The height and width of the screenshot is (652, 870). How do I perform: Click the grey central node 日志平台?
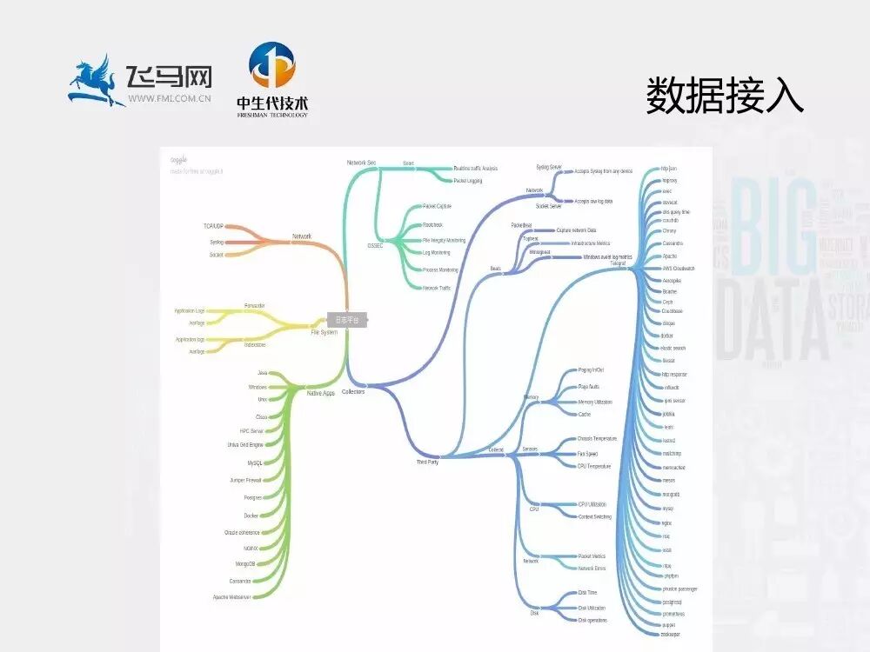pyautogui.click(x=347, y=320)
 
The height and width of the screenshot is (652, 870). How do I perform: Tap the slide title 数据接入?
pyautogui.click(x=724, y=95)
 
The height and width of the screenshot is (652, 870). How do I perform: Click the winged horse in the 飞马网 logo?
pyautogui.click(x=97, y=81)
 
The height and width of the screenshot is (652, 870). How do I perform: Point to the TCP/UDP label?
pyautogui.click(x=214, y=226)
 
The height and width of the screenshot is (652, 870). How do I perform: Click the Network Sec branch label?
pyautogui.click(x=361, y=163)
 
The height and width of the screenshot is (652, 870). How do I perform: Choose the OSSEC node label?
pyautogui.click(x=376, y=246)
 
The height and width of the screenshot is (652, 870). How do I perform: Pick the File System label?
pyautogui.click(x=325, y=332)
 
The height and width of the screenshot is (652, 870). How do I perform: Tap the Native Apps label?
pyautogui.click(x=321, y=393)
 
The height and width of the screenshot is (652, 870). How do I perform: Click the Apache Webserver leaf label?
pyautogui.click(x=232, y=597)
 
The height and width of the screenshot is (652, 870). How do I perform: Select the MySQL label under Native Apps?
pyautogui.click(x=255, y=463)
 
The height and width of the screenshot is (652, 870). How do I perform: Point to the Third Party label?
pyautogui.click(x=427, y=462)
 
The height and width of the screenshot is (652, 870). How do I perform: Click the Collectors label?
pyautogui.click(x=353, y=392)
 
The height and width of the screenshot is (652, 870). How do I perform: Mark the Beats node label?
pyautogui.click(x=495, y=269)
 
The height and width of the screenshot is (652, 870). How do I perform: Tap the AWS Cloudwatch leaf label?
pyautogui.click(x=679, y=269)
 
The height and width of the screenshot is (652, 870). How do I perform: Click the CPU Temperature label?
pyautogui.click(x=594, y=466)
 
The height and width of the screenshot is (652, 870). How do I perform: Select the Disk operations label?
pyautogui.click(x=592, y=620)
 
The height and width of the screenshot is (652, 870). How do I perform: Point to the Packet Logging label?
pyautogui.click(x=467, y=181)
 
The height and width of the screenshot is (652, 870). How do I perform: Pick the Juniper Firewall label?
pyautogui.click(x=245, y=480)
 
